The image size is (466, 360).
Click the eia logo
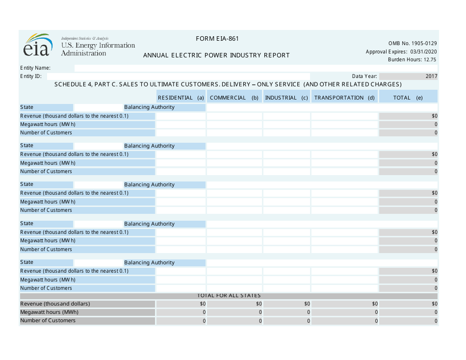point(37,46)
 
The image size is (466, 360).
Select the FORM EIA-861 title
point(217,39)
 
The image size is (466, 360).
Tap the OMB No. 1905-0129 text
point(413,43)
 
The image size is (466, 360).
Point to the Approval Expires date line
point(401,51)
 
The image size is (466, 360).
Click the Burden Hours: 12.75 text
point(412,60)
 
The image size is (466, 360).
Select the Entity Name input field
point(255,68)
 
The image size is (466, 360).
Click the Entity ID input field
point(177,77)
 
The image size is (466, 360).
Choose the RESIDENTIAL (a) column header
point(181,98)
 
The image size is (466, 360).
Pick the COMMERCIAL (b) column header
point(234,98)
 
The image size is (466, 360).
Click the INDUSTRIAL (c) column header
point(286,98)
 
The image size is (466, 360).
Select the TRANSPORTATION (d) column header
point(344,98)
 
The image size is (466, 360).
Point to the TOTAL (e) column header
point(408,98)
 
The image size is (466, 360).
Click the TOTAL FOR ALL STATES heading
point(229,296)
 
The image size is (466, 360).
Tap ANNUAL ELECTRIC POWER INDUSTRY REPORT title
point(216,55)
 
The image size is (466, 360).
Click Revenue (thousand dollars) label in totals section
point(55,304)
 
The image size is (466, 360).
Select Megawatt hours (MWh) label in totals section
point(49,312)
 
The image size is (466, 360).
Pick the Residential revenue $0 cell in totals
point(181,304)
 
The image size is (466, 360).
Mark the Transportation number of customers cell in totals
point(344,321)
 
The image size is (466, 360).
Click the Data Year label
point(364,77)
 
